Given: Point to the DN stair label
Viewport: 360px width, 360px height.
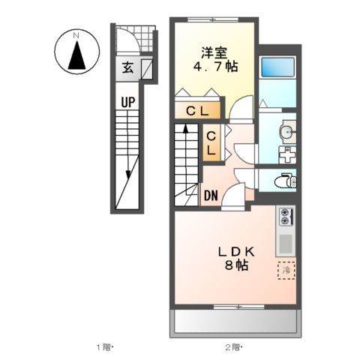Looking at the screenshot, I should point(211,196).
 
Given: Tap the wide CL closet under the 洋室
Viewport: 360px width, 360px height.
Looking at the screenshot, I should point(199,111).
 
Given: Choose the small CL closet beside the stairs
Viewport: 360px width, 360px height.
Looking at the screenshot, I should point(212,143).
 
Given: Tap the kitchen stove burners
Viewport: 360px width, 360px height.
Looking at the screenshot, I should point(286,216).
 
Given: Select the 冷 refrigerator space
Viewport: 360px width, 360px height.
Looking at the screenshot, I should point(286,269).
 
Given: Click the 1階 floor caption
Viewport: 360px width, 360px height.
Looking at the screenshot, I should point(103,347).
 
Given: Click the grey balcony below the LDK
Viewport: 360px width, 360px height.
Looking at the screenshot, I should point(236,324).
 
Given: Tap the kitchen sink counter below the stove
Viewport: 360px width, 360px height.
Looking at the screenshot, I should point(286,242).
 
